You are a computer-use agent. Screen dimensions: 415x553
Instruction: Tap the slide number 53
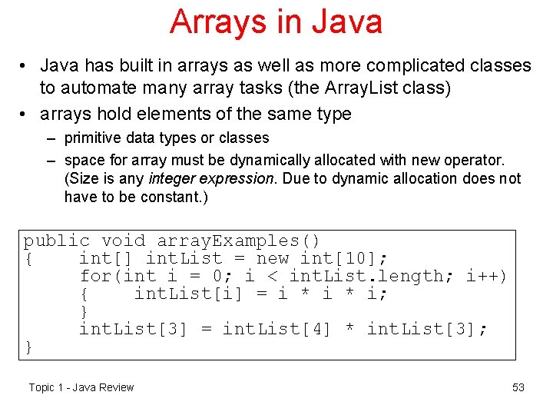click(x=518, y=387)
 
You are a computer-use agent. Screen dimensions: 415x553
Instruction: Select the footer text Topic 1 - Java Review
click(x=81, y=387)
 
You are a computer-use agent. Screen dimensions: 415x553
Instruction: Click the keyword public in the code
click(x=56, y=241)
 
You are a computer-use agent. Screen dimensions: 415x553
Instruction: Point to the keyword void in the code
click(x=123, y=241)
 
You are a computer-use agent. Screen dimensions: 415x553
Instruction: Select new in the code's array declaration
click(x=273, y=259)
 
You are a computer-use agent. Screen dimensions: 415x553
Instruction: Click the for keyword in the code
click(x=95, y=277)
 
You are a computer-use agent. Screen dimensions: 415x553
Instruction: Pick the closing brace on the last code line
click(x=28, y=347)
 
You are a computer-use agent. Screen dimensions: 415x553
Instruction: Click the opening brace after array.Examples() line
click(x=28, y=259)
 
